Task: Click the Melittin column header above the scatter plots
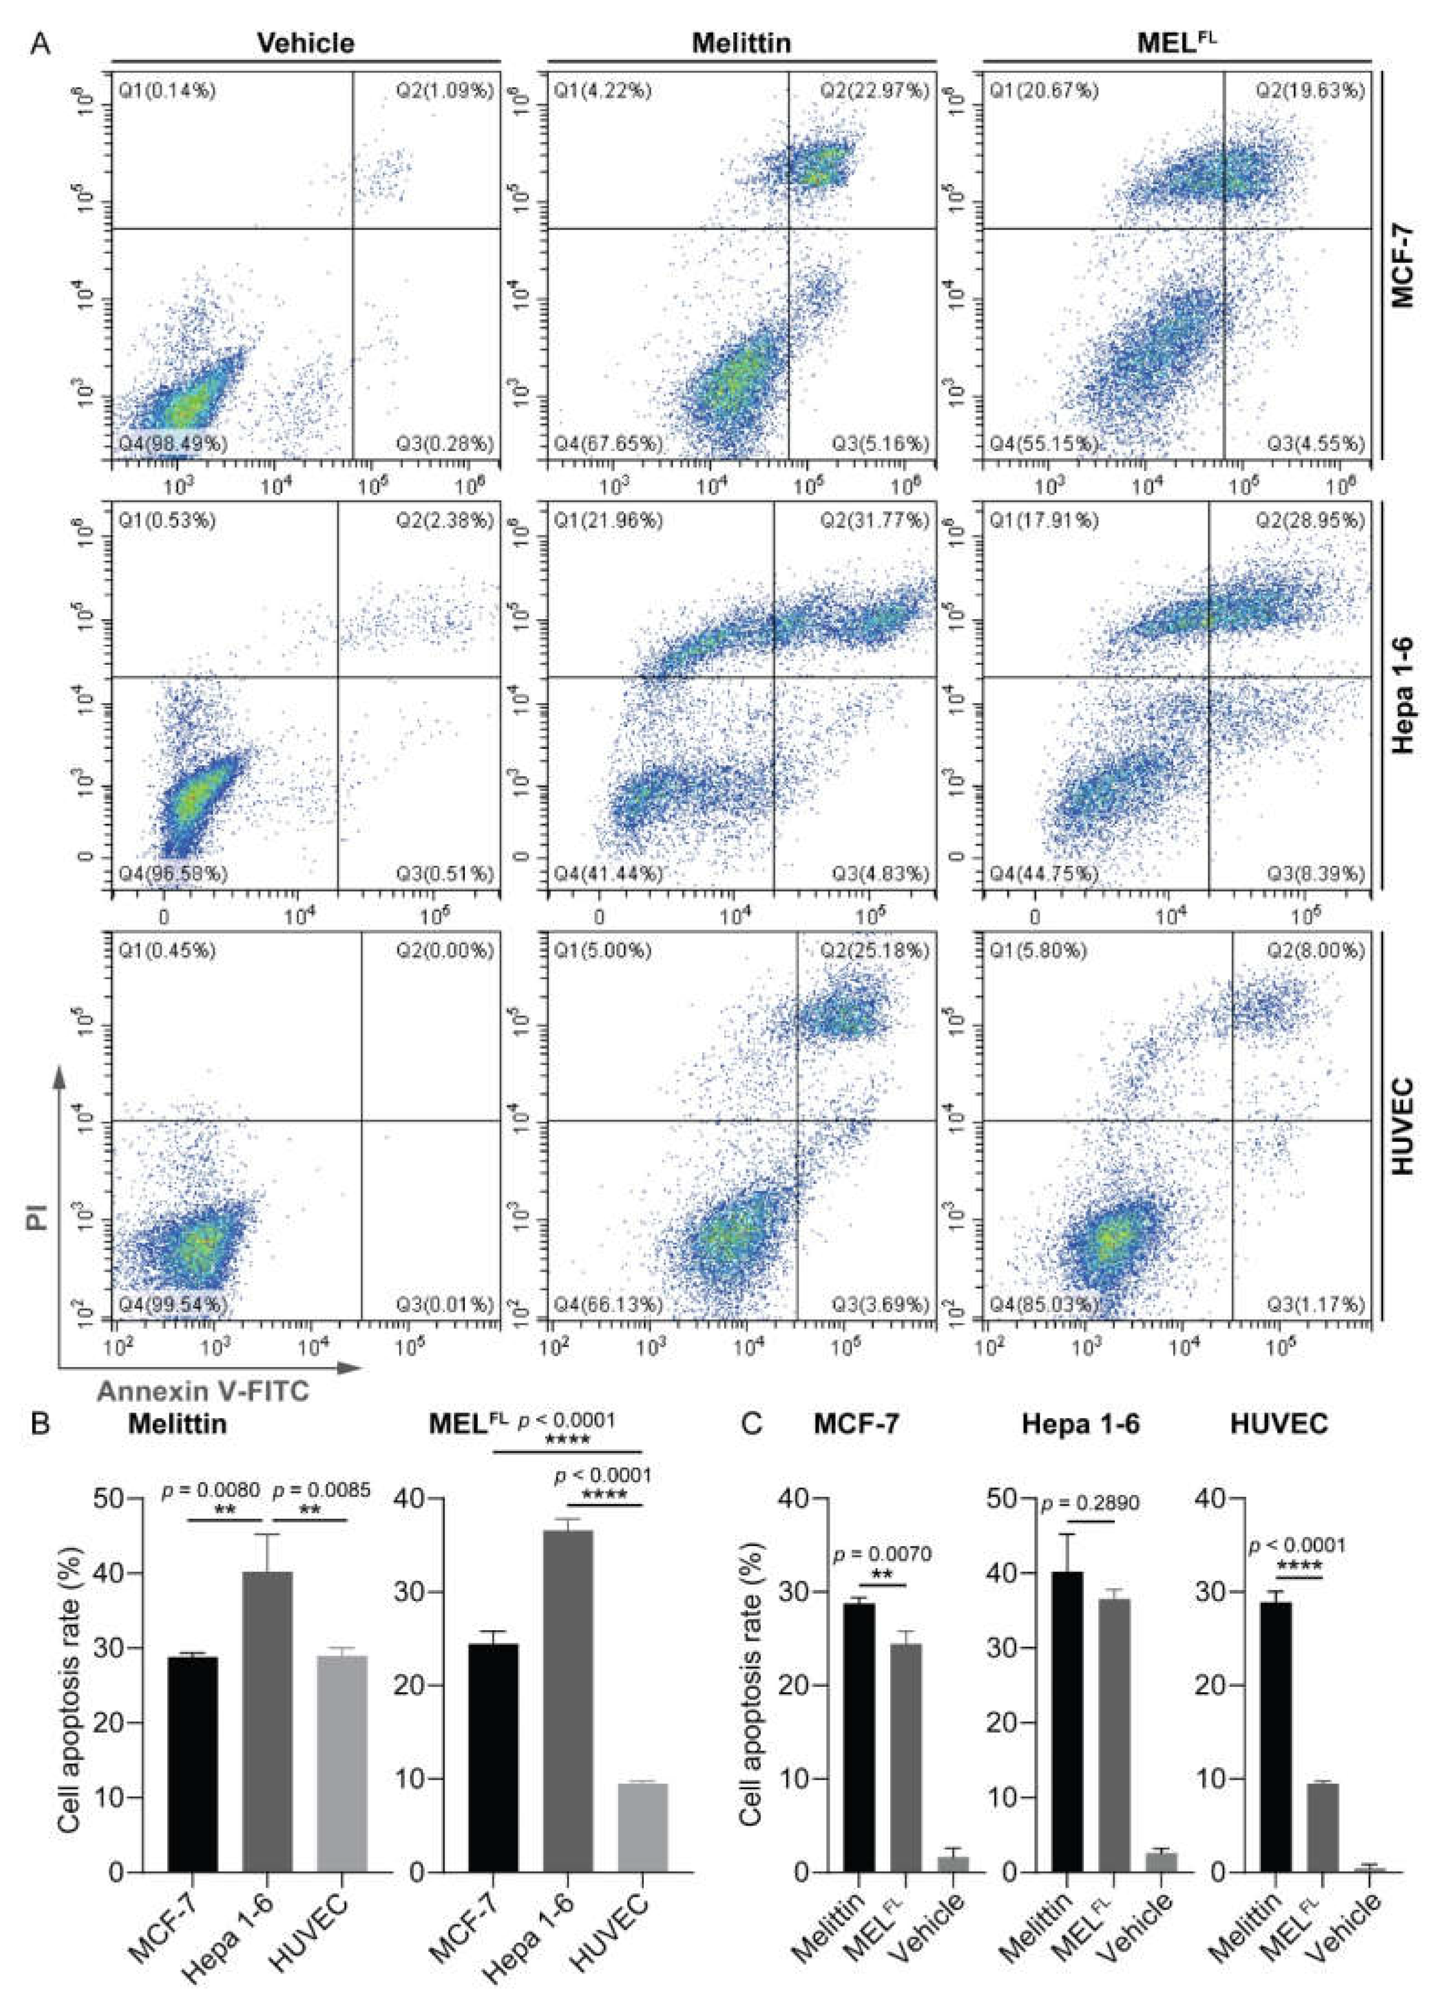click(x=741, y=43)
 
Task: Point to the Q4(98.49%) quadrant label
click(x=173, y=442)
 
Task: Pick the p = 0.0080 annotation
click(x=211, y=1490)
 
